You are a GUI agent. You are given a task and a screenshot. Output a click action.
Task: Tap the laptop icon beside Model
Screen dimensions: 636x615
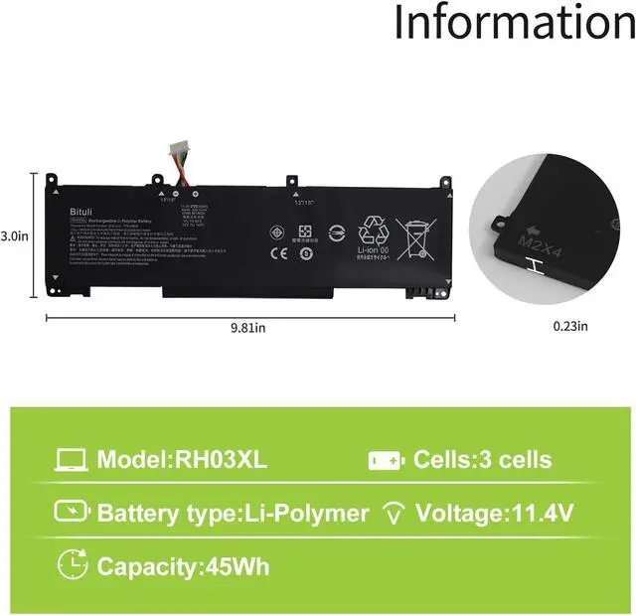pos(71,460)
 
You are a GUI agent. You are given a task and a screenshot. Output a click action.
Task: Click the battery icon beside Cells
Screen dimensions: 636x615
pos(388,461)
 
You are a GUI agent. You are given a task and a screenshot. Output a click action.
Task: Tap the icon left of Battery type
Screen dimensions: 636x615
pos(71,513)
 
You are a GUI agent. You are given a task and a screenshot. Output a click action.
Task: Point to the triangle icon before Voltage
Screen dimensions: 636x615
pos(395,514)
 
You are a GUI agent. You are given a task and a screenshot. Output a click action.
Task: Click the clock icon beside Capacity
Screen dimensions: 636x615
pos(72,564)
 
